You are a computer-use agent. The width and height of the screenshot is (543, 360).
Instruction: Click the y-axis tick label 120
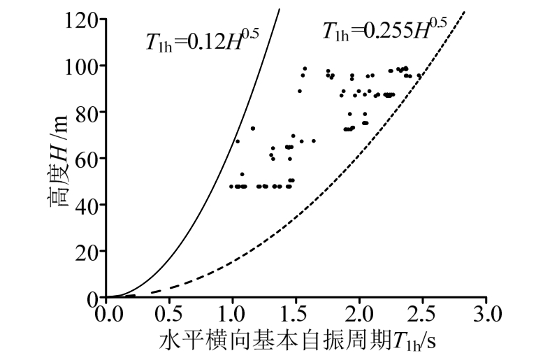tap(82, 19)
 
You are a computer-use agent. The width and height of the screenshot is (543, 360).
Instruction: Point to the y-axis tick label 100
tap(82, 65)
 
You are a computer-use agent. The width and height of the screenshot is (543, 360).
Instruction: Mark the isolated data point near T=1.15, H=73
tap(253, 128)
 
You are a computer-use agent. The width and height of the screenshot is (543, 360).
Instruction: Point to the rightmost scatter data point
tap(419, 75)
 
